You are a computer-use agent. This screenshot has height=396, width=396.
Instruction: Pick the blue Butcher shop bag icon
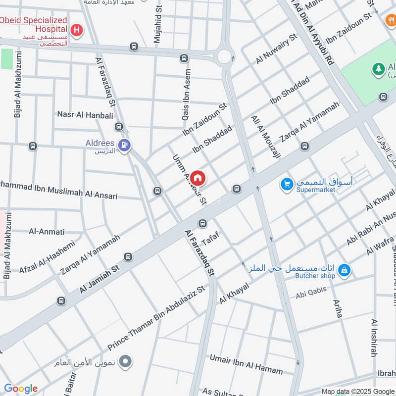345,270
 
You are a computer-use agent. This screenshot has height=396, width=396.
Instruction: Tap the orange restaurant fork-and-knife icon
390,20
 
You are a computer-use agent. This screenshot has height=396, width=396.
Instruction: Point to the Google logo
20,389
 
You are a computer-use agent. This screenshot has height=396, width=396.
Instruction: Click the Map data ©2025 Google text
358,391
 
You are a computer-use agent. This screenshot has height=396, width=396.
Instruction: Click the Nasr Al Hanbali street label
85,115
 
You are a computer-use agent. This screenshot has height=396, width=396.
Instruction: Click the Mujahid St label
158,23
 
